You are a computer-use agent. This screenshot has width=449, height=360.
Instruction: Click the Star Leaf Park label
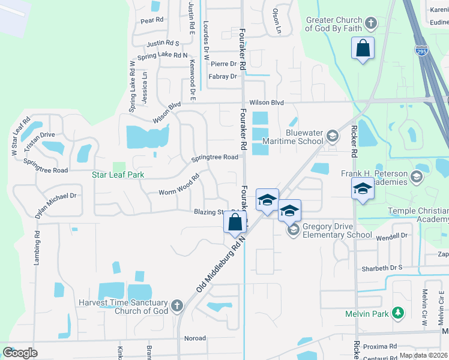(119, 175)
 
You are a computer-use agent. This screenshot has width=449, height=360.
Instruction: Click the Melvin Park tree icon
(397, 313)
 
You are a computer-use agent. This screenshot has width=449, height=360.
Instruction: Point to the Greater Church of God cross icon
(370, 23)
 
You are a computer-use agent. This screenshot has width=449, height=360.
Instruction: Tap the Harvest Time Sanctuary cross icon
(176, 306)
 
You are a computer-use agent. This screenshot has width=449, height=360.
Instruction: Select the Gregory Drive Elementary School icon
(293, 230)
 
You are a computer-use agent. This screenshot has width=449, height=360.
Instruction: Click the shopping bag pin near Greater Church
(363, 49)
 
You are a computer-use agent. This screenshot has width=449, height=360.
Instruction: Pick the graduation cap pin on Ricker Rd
(363, 188)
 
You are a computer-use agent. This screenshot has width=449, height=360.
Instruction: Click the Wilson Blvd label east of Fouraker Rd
(267, 103)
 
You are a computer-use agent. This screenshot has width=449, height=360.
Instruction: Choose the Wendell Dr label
(393, 236)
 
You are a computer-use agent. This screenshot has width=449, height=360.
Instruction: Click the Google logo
(20, 352)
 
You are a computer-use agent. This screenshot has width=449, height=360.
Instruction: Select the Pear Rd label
(151, 20)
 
